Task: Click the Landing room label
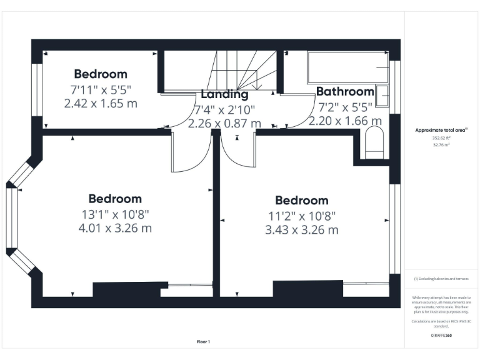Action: click(x=224, y=94)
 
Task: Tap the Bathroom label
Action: click(x=345, y=92)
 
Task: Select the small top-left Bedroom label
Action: click(x=101, y=74)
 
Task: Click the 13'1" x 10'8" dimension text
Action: click(x=115, y=214)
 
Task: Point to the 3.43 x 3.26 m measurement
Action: click(x=301, y=230)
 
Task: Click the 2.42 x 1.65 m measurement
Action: click(x=101, y=103)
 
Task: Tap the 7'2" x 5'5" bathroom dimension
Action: click(x=345, y=107)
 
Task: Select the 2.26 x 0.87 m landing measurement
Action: click(x=224, y=123)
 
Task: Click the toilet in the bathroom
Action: click(x=374, y=143)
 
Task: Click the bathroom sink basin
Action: click(x=383, y=96)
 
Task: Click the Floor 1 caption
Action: click(x=203, y=342)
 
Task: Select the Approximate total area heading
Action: click(x=441, y=130)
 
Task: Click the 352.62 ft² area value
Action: click(x=441, y=137)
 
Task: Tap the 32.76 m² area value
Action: click(x=441, y=144)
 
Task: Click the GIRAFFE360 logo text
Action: click(x=441, y=336)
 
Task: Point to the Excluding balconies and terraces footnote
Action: click(x=441, y=279)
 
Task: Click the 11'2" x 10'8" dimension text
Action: click(x=301, y=216)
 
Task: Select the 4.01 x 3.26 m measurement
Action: click(x=115, y=228)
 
